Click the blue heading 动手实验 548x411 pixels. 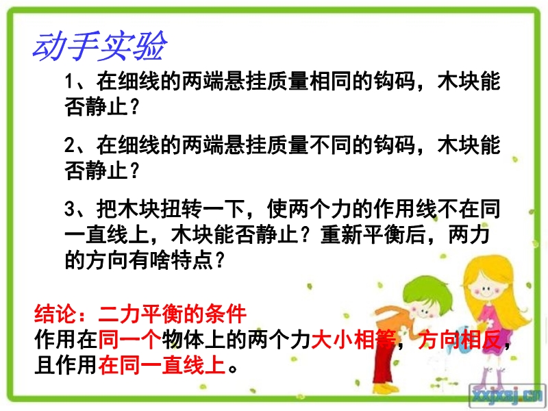click(x=100, y=46)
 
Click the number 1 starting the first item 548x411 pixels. click(x=69, y=82)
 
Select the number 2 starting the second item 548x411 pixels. click(x=69, y=145)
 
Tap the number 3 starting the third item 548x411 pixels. click(x=69, y=209)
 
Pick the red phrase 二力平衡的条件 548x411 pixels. click(x=173, y=314)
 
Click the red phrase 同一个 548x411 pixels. click(x=129, y=339)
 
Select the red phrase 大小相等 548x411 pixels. click(x=353, y=339)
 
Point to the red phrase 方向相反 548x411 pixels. click(x=460, y=339)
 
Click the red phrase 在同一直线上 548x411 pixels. click(x=162, y=365)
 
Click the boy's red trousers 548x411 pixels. click(x=384, y=364)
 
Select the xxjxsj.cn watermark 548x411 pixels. click(x=508, y=396)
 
